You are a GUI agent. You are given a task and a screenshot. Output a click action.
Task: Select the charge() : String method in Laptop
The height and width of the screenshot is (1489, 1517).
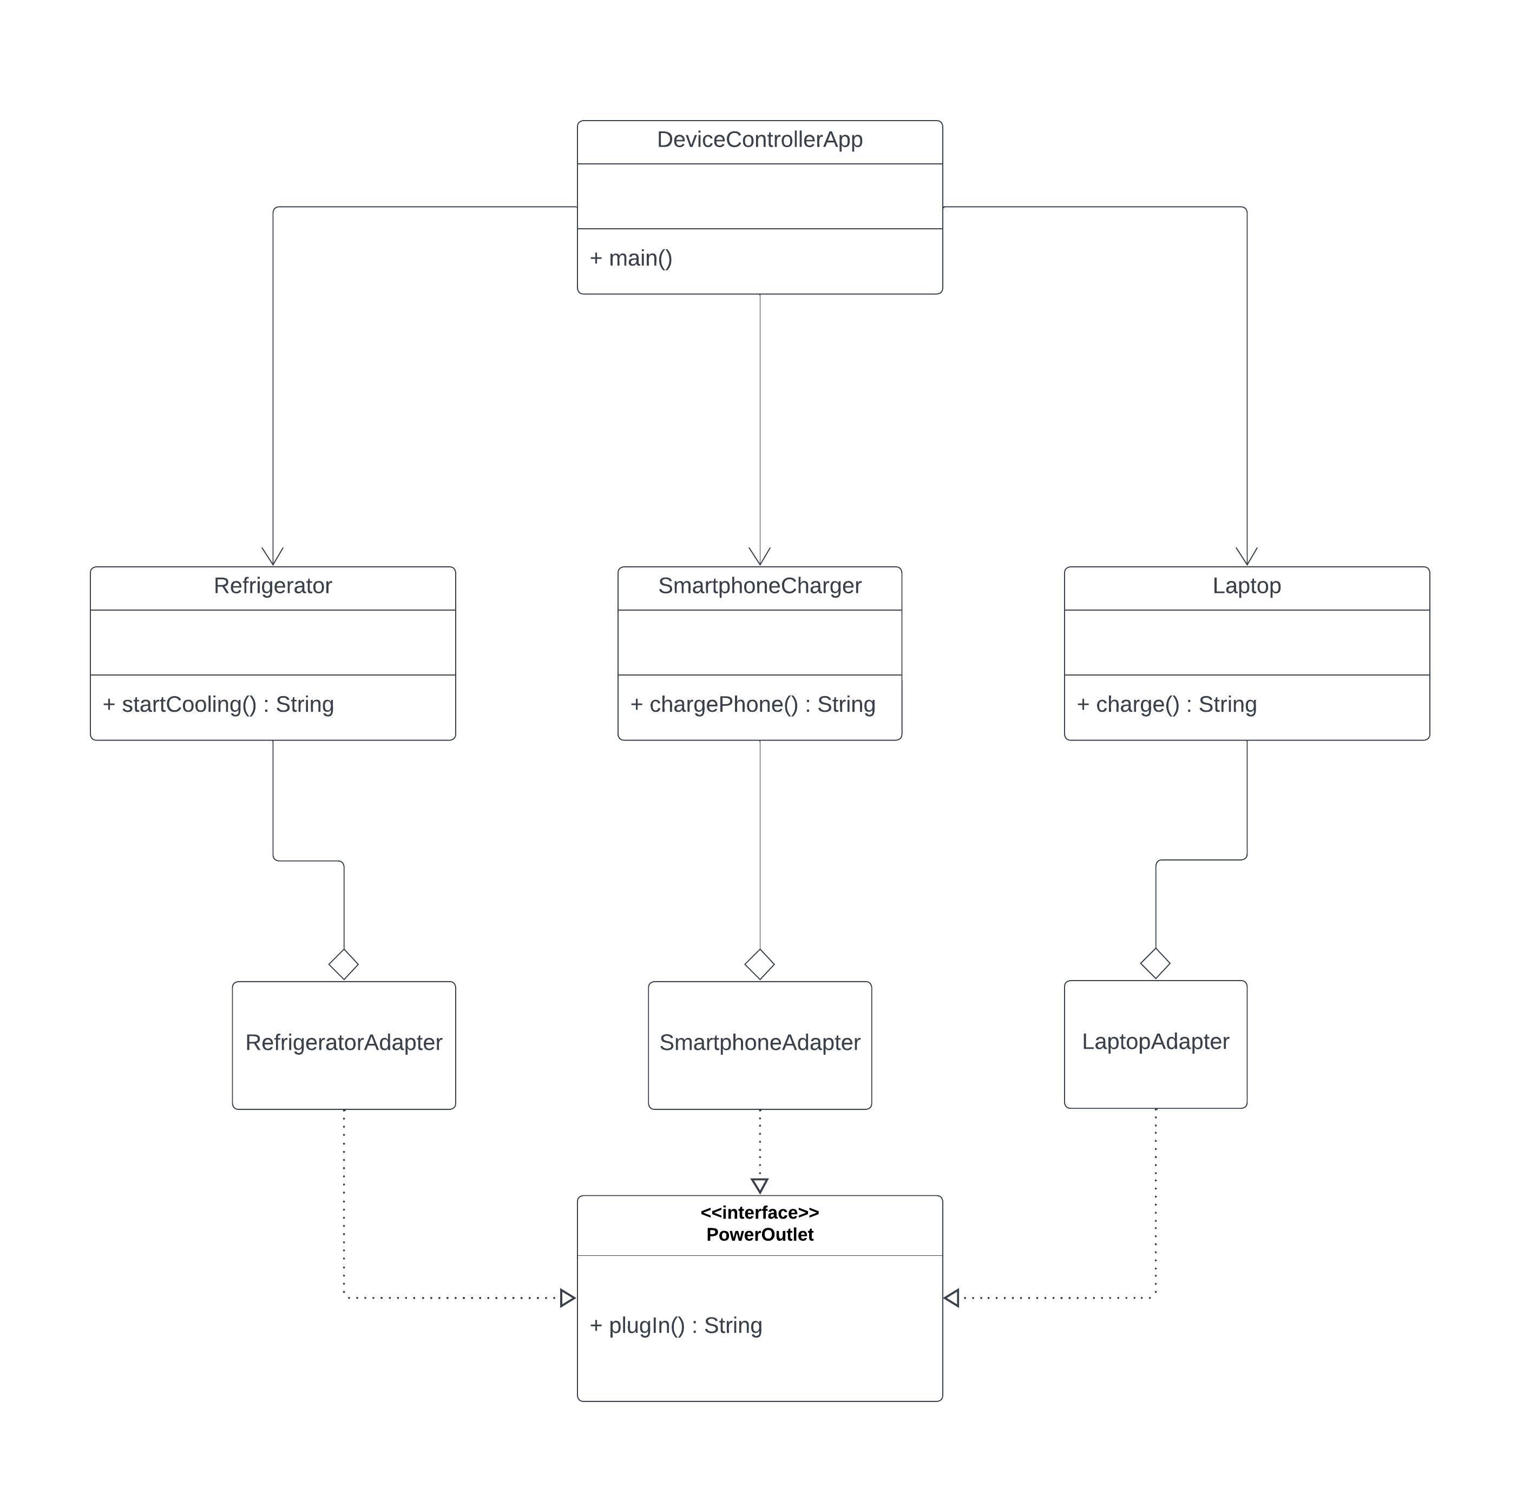1166,704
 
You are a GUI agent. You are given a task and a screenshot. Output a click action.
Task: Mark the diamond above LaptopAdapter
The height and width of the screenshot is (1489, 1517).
1155,963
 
